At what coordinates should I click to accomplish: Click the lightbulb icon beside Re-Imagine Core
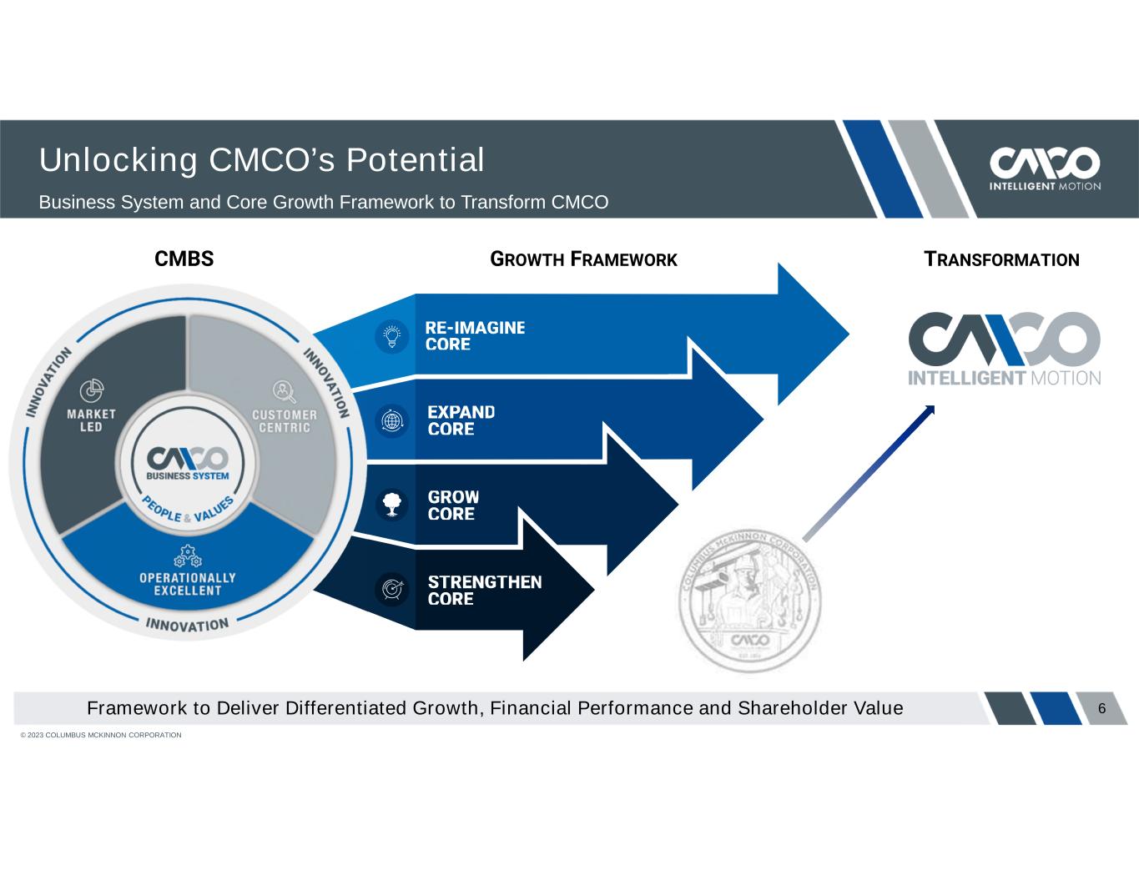click(x=391, y=335)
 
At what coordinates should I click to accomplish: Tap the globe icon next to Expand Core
click(x=391, y=420)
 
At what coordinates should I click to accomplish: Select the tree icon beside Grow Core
click(x=391, y=505)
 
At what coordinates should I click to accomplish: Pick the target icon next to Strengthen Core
click(x=391, y=589)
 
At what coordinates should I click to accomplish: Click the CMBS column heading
click(x=184, y=259)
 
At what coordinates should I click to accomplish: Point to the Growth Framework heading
click(x=583, y=259)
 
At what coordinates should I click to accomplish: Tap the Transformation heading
click(x=1001, y=259)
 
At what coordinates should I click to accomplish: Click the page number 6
click(x=1101, y=709)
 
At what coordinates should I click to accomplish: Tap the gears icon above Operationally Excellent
click(x=188, y=556)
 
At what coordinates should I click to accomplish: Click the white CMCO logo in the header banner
click(x=1044, y=168)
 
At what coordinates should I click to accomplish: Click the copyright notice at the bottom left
click(x=101, y=735)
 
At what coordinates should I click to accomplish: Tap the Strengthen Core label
click(x=484, y=590)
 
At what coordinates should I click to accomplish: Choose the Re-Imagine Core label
click(x=475, y=335)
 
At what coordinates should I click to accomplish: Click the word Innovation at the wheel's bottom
click(x=187, y=625)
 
